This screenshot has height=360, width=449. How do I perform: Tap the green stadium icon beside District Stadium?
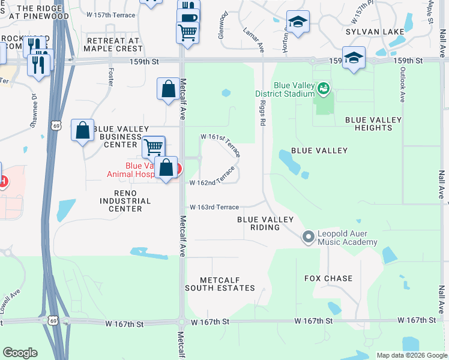(324, 89)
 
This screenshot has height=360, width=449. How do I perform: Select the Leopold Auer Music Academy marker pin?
(309, 238)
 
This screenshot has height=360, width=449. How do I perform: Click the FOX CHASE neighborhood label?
(328, 278)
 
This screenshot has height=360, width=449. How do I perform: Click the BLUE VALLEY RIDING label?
(265, 223)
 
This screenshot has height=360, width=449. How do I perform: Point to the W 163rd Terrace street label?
(214, 207)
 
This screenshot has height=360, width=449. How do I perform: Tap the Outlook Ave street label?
(402, 83)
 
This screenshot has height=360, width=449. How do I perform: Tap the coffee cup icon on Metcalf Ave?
(188, 16)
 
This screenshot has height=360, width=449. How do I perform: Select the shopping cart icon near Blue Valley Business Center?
(154, 146)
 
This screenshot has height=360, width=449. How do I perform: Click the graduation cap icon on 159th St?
(354, 58)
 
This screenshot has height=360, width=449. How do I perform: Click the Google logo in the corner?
(20, 353)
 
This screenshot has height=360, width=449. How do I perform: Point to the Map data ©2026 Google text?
(412, 355)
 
